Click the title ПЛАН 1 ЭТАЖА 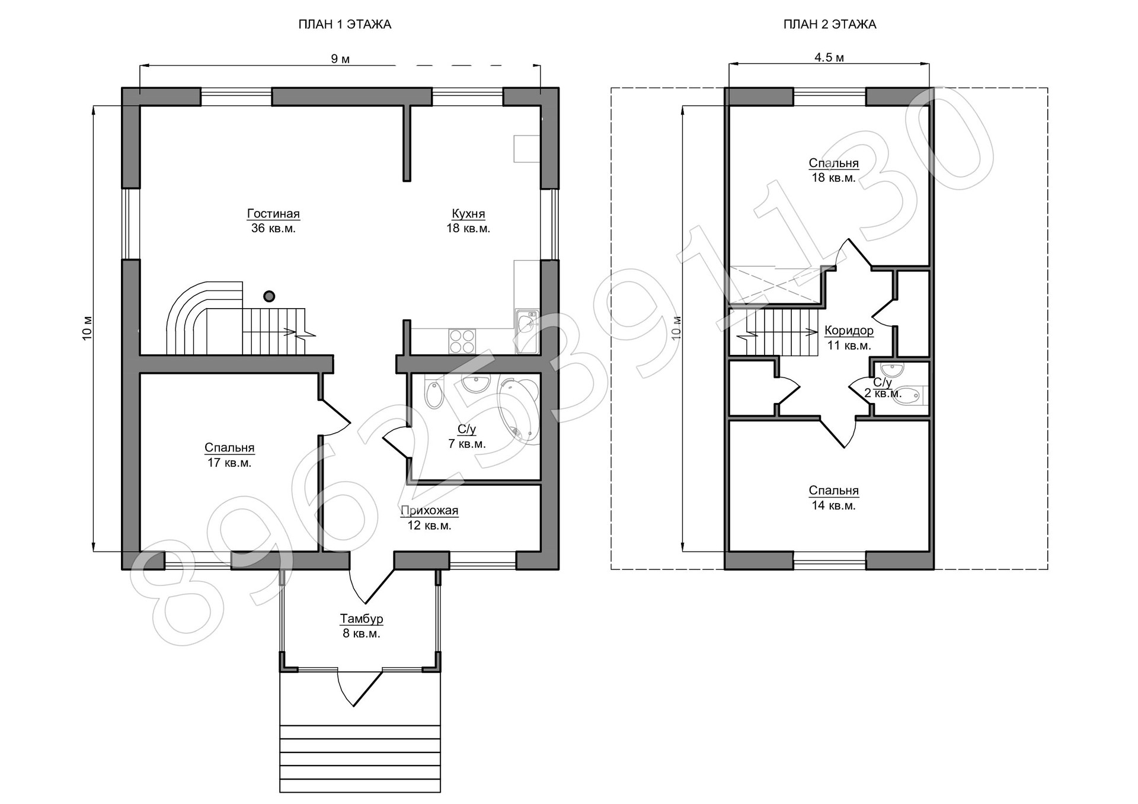(x=344, y=24)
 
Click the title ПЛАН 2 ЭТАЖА (x=829, y=24)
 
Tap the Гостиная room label (x=273, y=214)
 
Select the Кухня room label (x=468, y=214)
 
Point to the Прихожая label (x=429, y=511)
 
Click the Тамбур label (x=362, y=619)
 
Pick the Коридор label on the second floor (x=849, y=331)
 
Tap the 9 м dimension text (x=340, y=58)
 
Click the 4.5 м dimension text (x=829, y=57)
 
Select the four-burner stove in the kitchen (x=462, y=341)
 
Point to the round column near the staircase (x=269, y=296)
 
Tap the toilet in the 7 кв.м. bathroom (x=434, y=394)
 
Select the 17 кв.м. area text (x=229, y=463)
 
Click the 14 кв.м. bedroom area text (x=833, y=505)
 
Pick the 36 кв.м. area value (x=273, y=228)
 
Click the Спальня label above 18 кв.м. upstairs (x=833, y=163)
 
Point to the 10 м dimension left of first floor (x=88, y=328)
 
